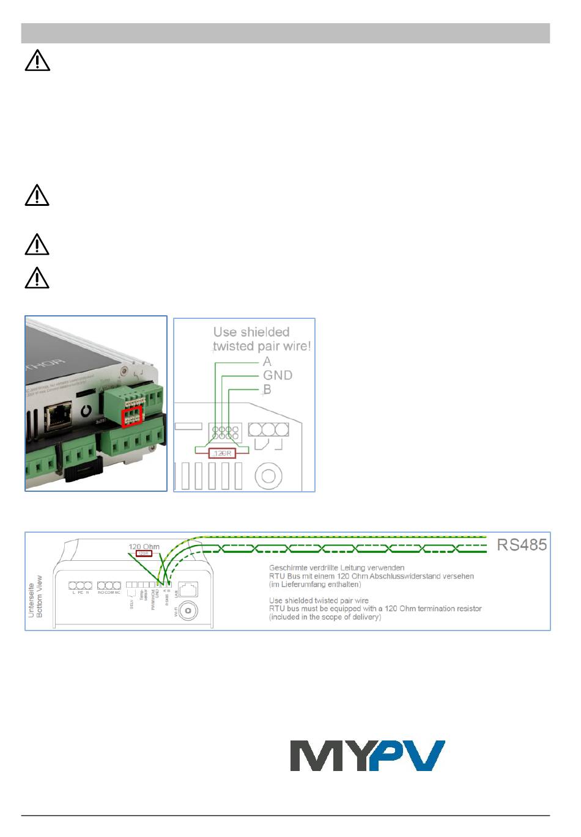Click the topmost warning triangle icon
tap(37, 61)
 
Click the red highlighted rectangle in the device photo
tap(131, 417)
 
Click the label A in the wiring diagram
tap(267, 362)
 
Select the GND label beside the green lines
tap(278, 375)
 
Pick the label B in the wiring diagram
tap(267, 389)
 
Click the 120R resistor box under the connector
tap(221, 453)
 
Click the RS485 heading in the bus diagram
tap(521, 544)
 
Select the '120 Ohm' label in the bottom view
tap(144, 546)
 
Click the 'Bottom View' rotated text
tap(40, 596)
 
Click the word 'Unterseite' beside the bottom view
tap(32, 596)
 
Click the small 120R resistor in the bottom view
tap(144, 554)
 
